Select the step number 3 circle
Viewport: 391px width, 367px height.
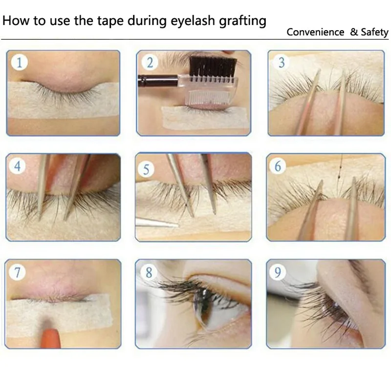(282, 62)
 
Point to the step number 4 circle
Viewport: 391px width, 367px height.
(18, 166)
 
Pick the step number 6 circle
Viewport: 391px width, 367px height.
(278, 166)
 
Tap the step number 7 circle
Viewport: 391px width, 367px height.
(18, 272)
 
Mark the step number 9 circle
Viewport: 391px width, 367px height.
(278, 272)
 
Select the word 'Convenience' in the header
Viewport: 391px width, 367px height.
(315, 33)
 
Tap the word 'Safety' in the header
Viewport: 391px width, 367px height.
(374, 33)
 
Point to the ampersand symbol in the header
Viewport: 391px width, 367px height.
(354, 33)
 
